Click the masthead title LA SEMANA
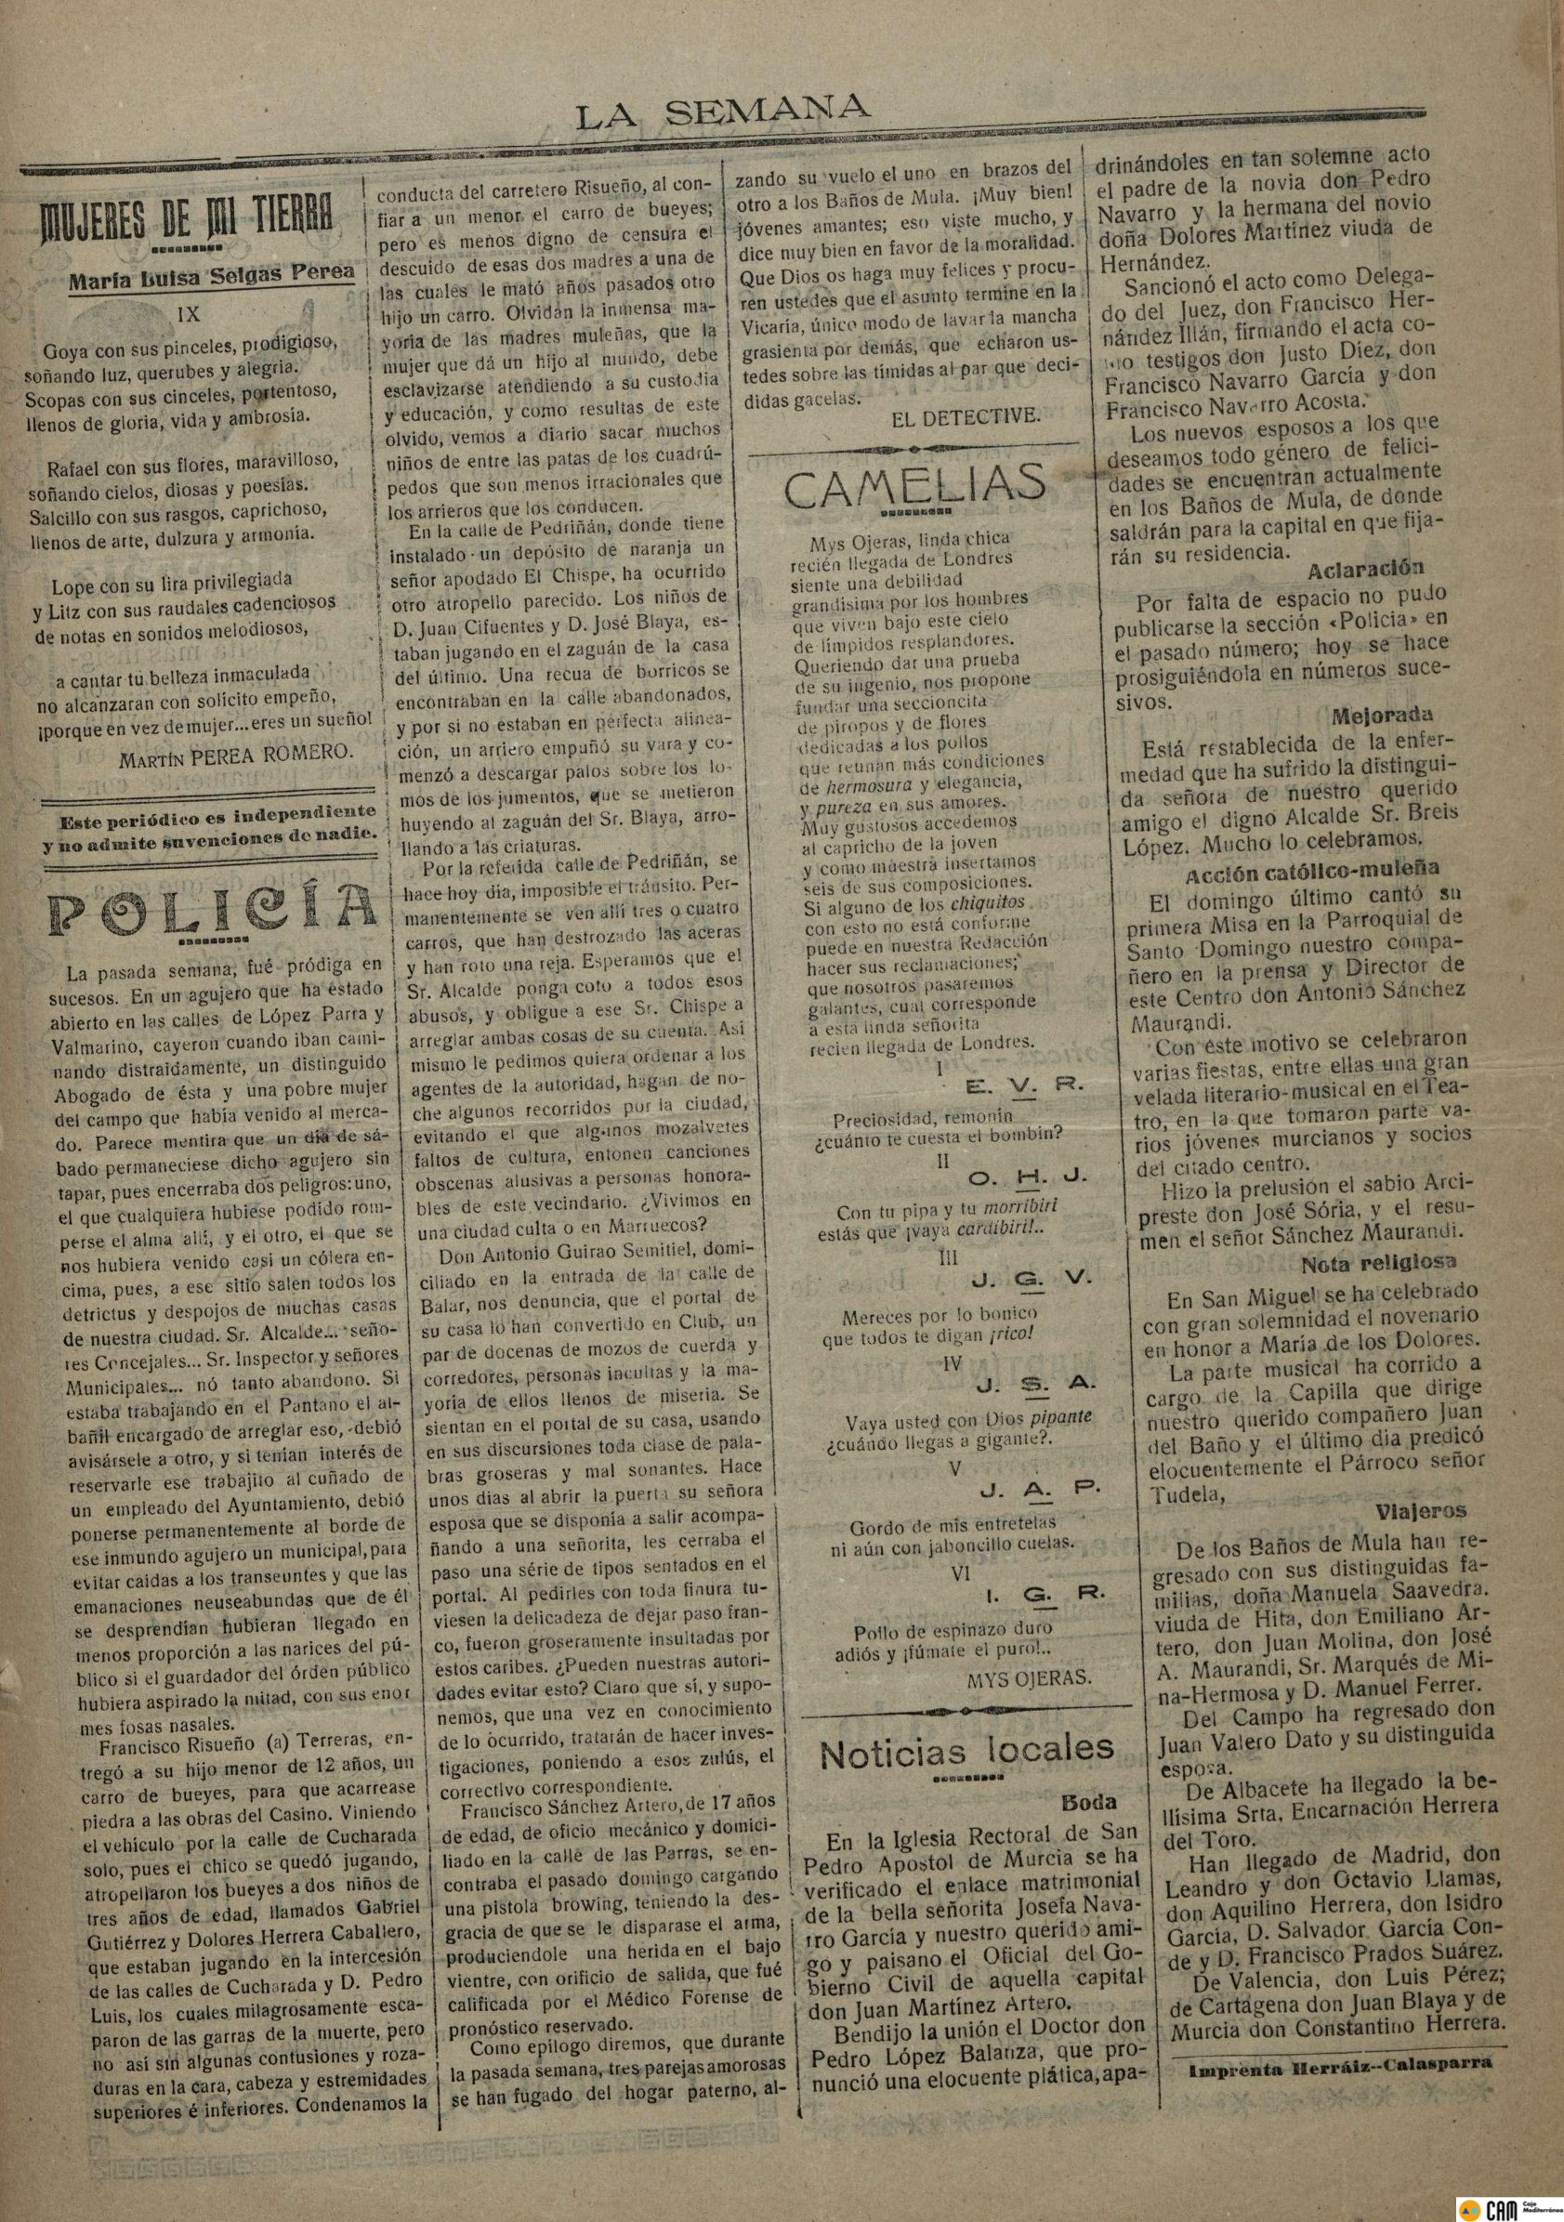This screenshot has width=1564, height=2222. [722, 115]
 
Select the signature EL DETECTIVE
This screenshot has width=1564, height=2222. [965, 417]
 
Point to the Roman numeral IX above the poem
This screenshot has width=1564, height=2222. [190, 314]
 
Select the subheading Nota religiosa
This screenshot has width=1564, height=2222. [1378, 1263]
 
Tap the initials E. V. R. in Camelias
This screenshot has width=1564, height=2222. [1026, 1085]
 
